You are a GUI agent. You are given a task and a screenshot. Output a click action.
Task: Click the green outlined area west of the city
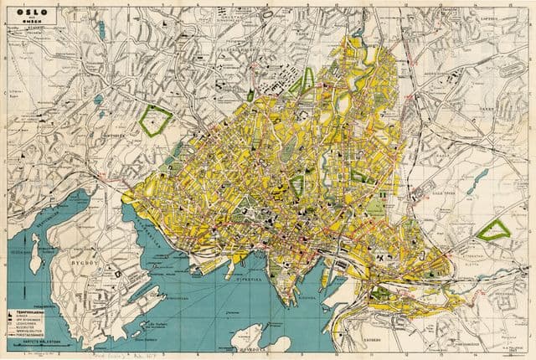pos(154,121)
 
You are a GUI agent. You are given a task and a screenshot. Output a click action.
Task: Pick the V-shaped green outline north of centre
pos(301,81)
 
